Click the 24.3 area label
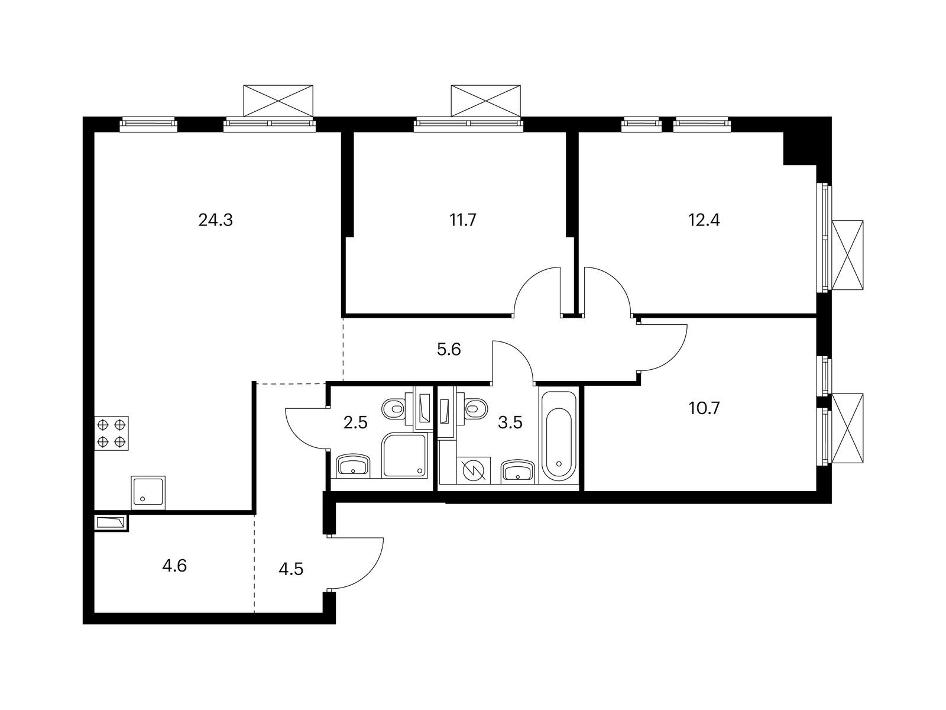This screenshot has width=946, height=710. [x=215, y=220]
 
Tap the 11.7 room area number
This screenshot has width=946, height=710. [x=463, y=220]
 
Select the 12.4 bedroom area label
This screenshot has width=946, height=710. [x=704, y=220]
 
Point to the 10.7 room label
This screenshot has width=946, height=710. [x=704, y=408]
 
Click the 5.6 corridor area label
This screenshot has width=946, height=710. [x=449, y=350]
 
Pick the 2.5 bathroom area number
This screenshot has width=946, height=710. [x=355, y=423]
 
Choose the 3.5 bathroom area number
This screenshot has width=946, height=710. [x=510, y=423]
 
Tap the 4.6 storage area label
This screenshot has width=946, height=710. [x=174, y=566]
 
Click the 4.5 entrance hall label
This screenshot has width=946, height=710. [x=291, y=569]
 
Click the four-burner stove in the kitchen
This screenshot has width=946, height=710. [x=112, y=433]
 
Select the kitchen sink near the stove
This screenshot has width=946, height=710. [x=148, y=493]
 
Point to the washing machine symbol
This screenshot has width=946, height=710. [x=474, y=469]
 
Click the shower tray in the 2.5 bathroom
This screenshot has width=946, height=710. [x=404, y=455]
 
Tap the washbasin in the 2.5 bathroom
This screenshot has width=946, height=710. [x=353, y=466]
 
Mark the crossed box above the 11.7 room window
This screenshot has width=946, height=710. [x=486, y=101]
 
